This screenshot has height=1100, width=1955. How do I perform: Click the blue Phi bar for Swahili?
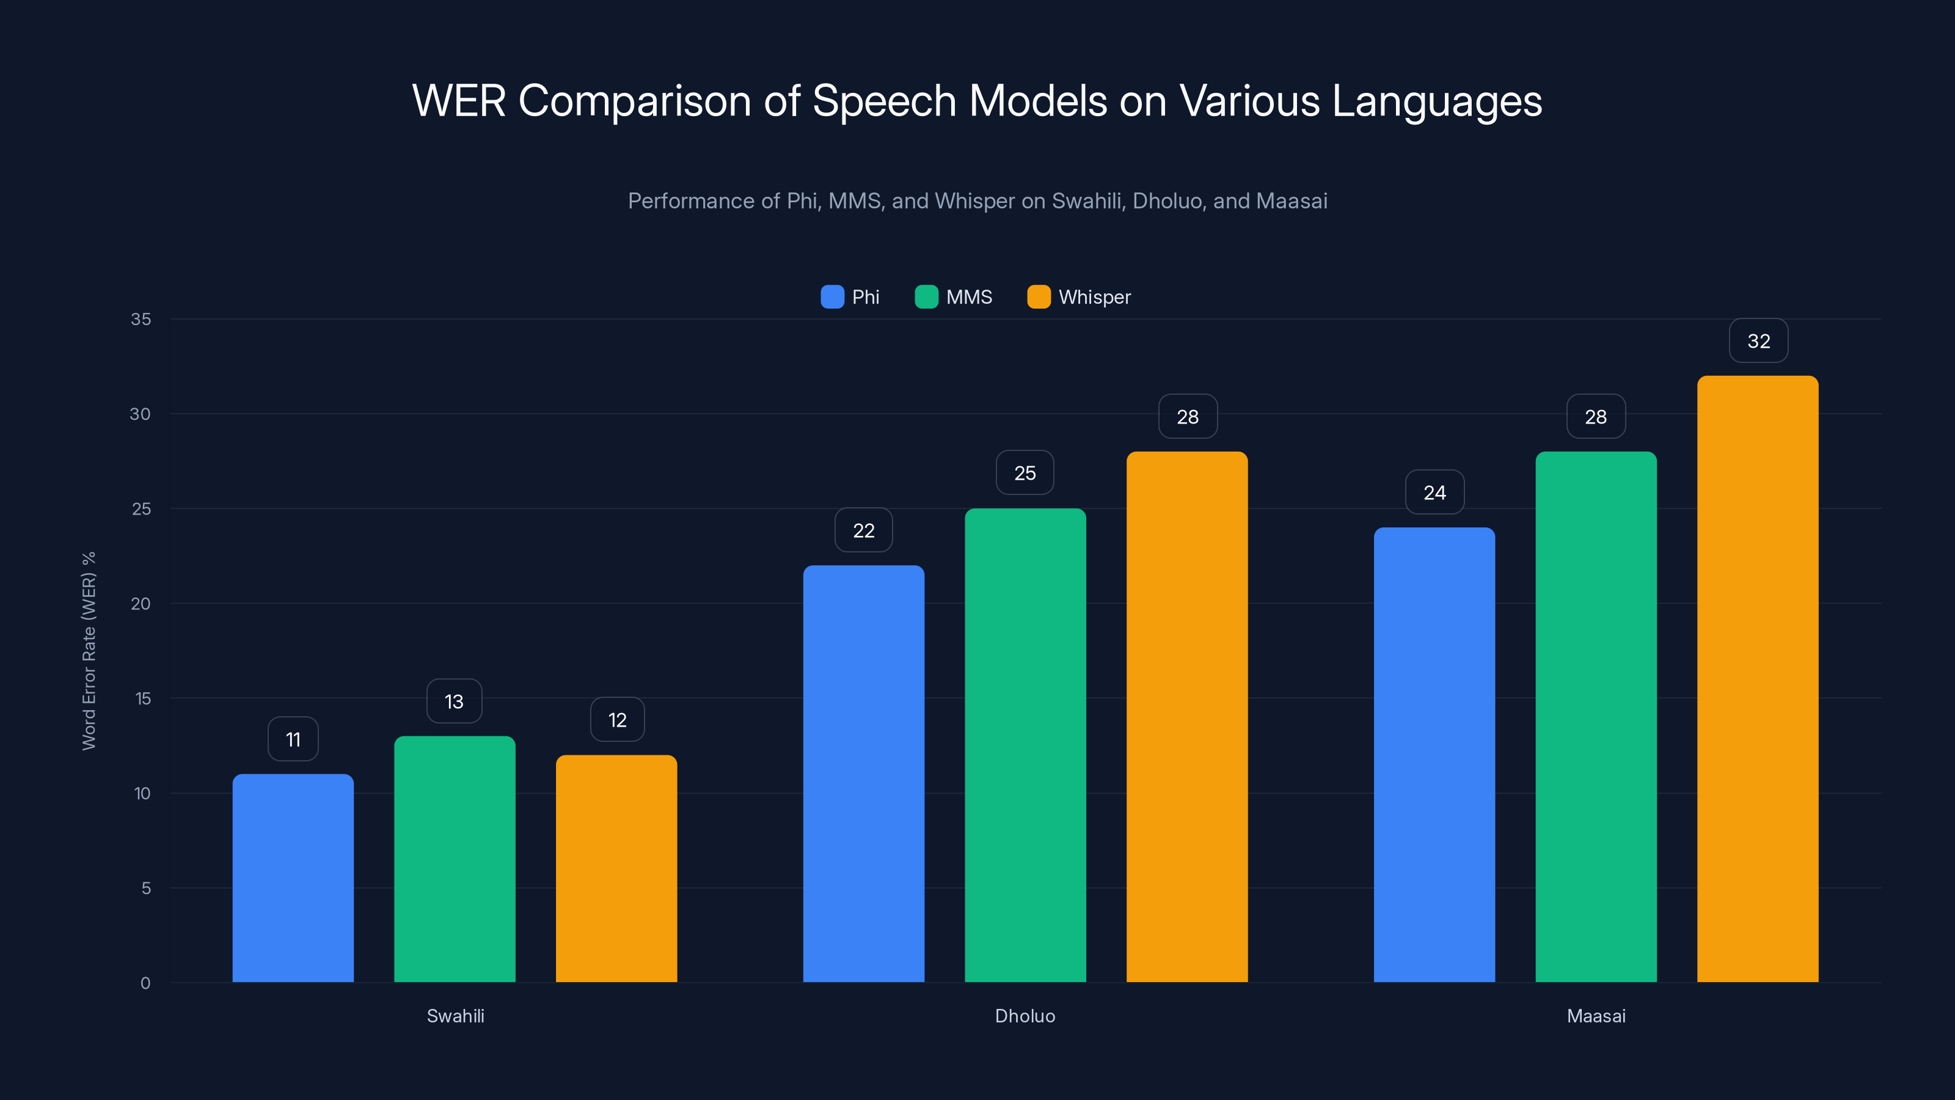[x=293, y=878]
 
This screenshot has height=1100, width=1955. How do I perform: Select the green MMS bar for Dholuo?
[x=1025, y=745]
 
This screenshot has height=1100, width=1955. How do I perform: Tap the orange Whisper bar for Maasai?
[x=1758, y=679]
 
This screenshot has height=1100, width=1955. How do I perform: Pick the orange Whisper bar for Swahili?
[x=616, y=868]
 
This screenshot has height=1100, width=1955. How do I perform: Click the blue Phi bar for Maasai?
[x=1434, y=755]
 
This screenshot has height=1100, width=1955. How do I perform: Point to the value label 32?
[x=1758, y=341]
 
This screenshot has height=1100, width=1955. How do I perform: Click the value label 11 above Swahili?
[x=293, y=739]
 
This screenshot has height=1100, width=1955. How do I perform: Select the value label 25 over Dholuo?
[x=1025, y=473]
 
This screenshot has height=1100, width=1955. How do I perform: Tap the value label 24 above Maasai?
[x=1434, y=493]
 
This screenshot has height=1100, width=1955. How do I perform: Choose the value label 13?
[x=454, y=702]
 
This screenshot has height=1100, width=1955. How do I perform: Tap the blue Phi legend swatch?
[x=833, y=297]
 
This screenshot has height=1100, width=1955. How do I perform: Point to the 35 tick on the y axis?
[x=141, y=319]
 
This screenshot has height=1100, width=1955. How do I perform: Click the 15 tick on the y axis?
[x=143, y=698]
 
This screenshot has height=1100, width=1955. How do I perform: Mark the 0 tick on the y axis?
[x=146, y=983]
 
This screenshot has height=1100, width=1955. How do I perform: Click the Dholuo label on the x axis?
[x=1025, y=1016]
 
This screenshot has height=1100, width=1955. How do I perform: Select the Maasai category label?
[x=1596, y=1016]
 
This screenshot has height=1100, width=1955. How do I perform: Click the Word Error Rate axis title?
[x=89, y=651]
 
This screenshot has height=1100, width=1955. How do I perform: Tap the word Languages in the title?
[x=1437, y=101]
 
